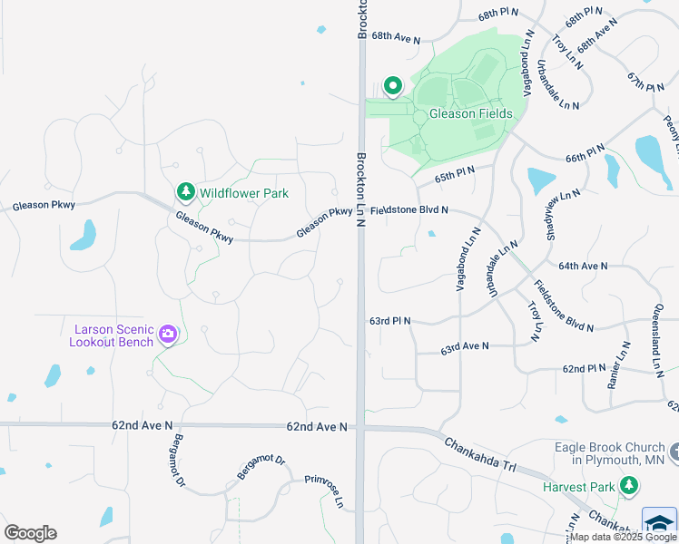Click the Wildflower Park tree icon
pyautogui.click(x=186, y=192)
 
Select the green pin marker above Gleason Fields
pyautogui.click(x=393, y=86)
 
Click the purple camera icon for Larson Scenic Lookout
pyautogui.click(x=167, y=335)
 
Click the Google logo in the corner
pyautogui.click(x=30, y=533)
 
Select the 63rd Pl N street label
pyautogui.click(x=389, y=321)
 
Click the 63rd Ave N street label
pyautogui.click(x=465, y=347)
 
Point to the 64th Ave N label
pyautogui.click(x=582, y=266)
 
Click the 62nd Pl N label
pyautogui.click(x=584, y=369)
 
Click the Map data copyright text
pyautogui.click(x=623, y=537)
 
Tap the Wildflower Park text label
pyautogui.click(x=243, y=193)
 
